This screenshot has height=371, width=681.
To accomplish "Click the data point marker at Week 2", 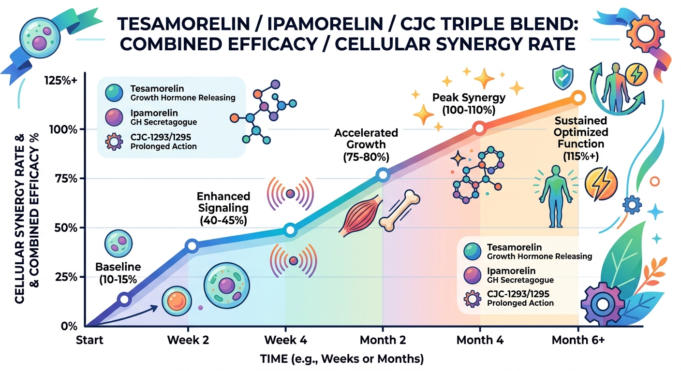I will pos(192,246).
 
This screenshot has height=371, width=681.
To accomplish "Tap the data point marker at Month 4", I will pos(479,128).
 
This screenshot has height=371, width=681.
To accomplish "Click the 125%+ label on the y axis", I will pos(62,81).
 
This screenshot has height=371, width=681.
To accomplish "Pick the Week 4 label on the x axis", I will pos(285,340).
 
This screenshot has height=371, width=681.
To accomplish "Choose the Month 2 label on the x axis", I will pos(383,340).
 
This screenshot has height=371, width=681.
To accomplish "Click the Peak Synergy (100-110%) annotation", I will pos(469,104).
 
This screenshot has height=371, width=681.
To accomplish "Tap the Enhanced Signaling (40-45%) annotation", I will pos(223,208).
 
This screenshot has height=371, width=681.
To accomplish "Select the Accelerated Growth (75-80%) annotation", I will pos(366,144).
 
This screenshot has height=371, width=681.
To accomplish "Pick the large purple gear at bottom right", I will pos(603,305).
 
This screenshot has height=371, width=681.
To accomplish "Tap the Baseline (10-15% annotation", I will pos(118,272).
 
